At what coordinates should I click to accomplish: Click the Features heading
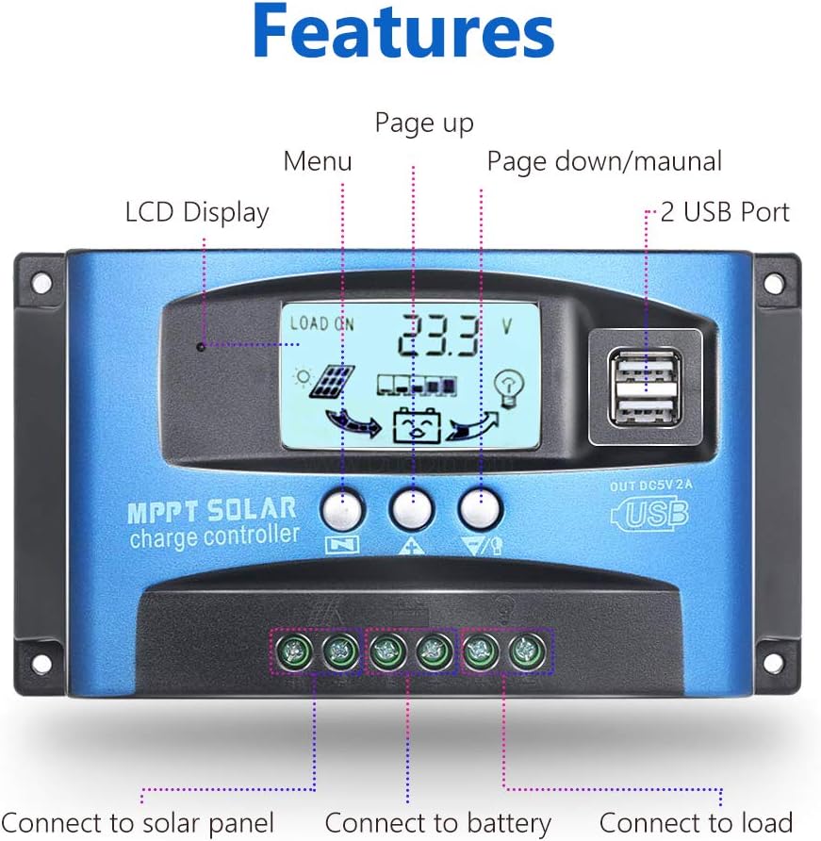click(x=403, y=32)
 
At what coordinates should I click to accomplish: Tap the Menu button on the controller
click(x=342, y=508)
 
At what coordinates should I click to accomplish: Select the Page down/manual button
click(x=481, y=508)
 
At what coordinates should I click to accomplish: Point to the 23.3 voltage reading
click(x=438, y=336)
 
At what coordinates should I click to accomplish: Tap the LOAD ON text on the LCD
click(x=321, y=323)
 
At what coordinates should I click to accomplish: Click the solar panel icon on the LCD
click(x=333, y=381)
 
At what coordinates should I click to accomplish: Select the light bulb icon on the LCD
click(x=507, y=388)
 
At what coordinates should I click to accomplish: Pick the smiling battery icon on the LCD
click(x=418, y=426)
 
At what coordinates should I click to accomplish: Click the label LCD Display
click(x=197, y=213)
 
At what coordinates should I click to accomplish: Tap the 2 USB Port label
click(x=725, y=212)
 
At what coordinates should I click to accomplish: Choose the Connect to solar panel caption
click(x=138, y=823)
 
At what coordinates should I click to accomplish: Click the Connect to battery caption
click(x=438, y=823)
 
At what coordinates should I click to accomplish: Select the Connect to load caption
click(x=696, y=822)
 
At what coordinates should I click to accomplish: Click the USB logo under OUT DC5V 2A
click(x=650, y=513)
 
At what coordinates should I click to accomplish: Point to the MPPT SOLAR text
click(x=212, y=510)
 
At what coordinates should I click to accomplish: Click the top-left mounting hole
click(x=41, y=283)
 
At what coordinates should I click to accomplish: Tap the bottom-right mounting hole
click(x=774, y=664)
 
